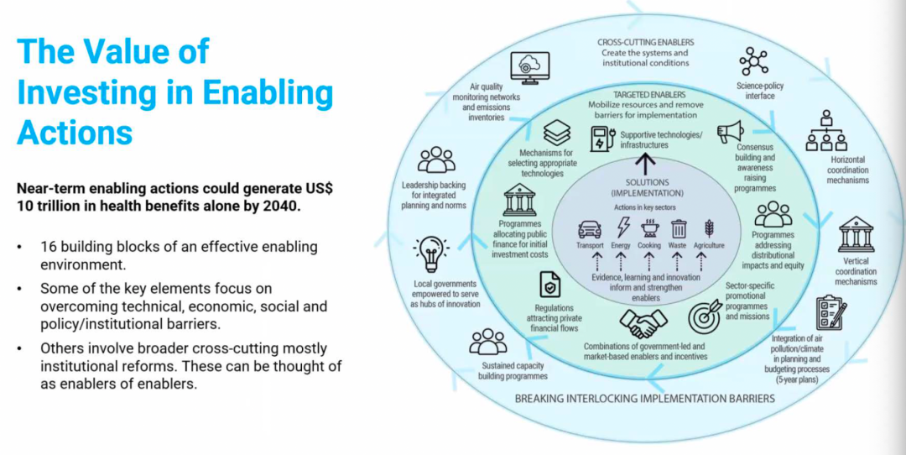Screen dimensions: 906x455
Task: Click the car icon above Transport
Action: [590, 229]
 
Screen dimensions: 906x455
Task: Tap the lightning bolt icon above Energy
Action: [622, 227]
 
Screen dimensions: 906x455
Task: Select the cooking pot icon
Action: [650, 227]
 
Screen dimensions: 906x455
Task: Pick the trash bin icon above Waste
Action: [679, 229]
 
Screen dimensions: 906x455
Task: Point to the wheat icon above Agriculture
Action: [708, 228]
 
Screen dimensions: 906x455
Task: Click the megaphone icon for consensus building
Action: [731, 132]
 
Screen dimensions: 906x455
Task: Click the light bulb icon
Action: [431, 254]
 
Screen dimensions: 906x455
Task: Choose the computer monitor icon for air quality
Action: [529, 68]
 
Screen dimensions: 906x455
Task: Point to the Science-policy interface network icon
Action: [753, 60]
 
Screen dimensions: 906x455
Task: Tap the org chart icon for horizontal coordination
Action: [826, 131]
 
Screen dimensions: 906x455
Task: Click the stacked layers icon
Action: [557, 133]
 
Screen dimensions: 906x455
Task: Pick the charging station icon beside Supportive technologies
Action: [602, 140]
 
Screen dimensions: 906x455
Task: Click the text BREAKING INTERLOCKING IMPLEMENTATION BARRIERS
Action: [645, 399]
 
